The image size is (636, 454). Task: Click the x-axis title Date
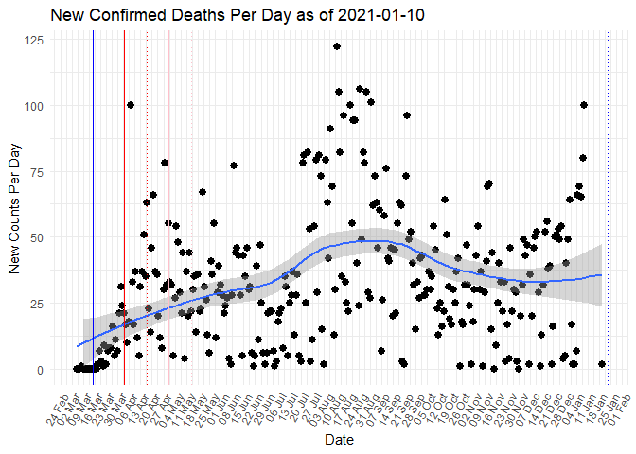[338, 441]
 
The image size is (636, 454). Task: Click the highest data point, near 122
[337, 46]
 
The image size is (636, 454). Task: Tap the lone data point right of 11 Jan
[602, 364]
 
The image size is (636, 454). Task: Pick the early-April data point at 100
[131, 105]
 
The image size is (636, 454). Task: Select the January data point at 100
[584, 105]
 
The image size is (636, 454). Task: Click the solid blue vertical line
[93, 208]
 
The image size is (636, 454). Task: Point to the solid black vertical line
[124, 208]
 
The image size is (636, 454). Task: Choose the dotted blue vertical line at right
[607, 208]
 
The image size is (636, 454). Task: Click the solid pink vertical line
[169, 208]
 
